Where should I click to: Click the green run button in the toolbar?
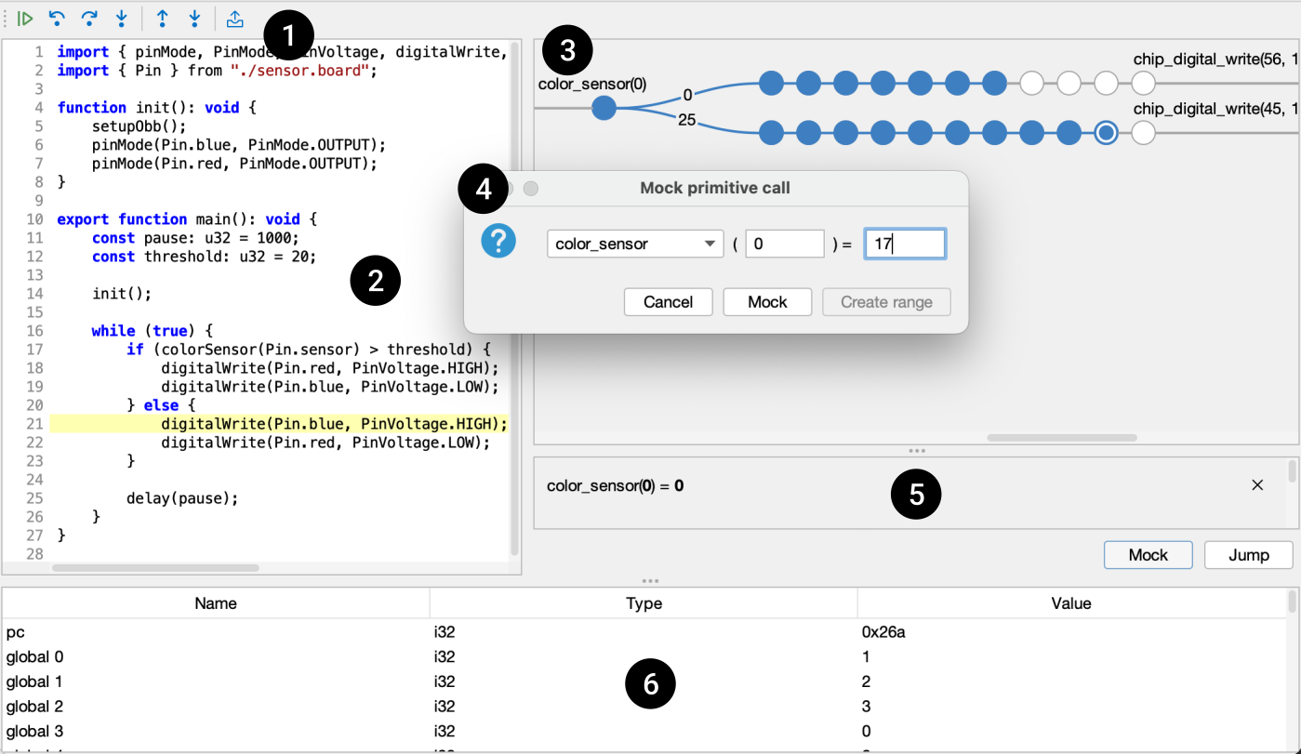[25, 20]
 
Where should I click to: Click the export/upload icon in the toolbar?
[234, 20]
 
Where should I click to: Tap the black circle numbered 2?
[375, 281]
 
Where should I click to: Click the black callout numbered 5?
[916, 494]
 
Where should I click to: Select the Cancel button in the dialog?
[668, 302]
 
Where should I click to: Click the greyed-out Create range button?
[886, 302]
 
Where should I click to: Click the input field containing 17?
[905, 244]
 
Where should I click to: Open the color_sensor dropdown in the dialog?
[635, 244]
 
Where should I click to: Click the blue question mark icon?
[498, 241]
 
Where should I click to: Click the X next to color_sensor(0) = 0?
[1257, 485]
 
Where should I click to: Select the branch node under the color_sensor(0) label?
[604, 108]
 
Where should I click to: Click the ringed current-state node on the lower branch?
[1106, 133]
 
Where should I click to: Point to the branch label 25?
[686, 120]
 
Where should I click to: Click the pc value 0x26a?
[883, 632]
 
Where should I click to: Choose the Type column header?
[644, 603]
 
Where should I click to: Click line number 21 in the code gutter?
[34, 424]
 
